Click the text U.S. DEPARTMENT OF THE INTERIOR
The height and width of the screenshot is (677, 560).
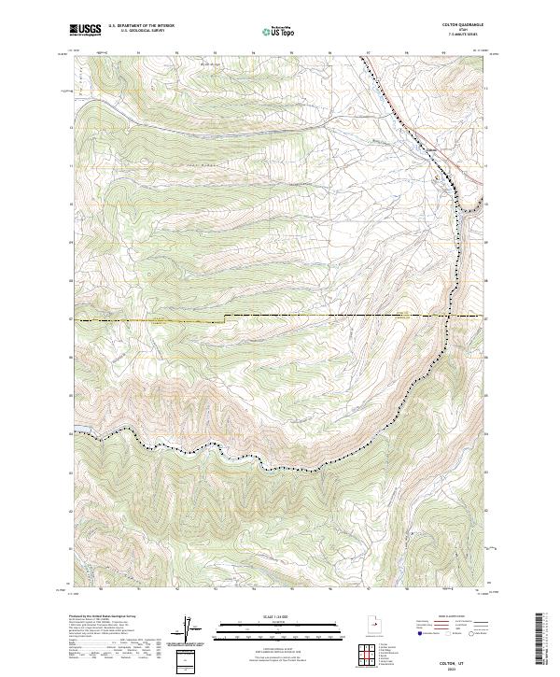pyautogui.click(x=141, y=26)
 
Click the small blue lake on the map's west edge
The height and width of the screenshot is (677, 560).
pyautogui.click(x=78, y=431)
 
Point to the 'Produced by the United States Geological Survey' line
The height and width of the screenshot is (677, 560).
pyautogui.click(x=103, y=618)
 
